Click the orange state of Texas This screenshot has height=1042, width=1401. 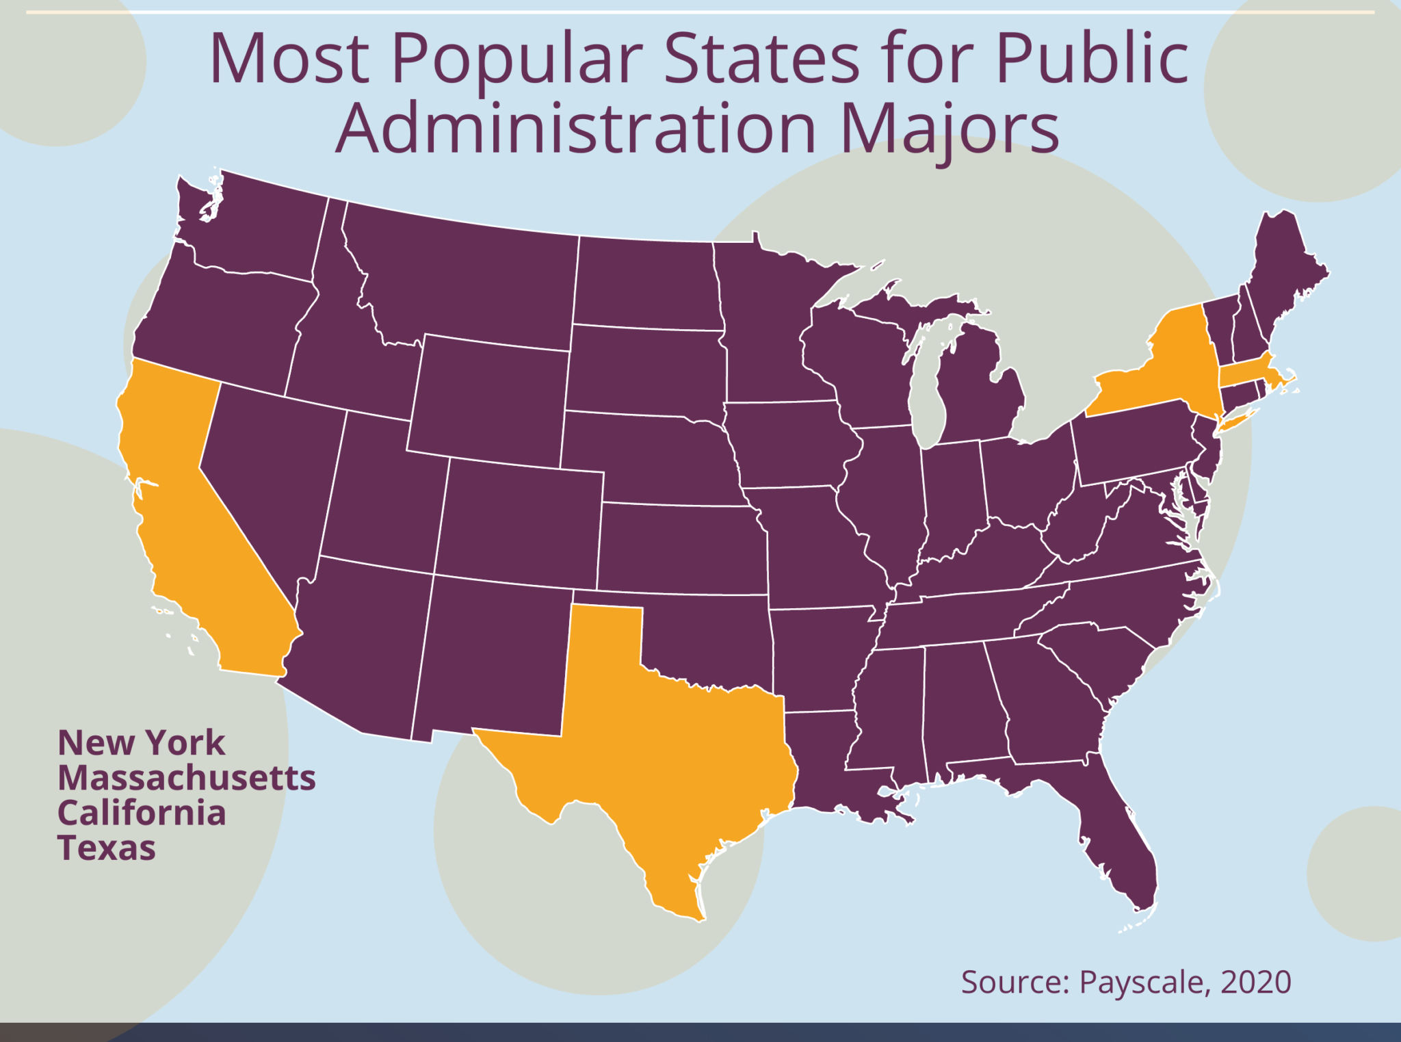pos(657,746)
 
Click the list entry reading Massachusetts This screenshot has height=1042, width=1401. pos(186,778)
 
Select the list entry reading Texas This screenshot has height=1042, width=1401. pos(107,848)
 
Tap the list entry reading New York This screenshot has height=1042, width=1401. pos(141,743)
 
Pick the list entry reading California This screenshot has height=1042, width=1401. pos(141,813)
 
